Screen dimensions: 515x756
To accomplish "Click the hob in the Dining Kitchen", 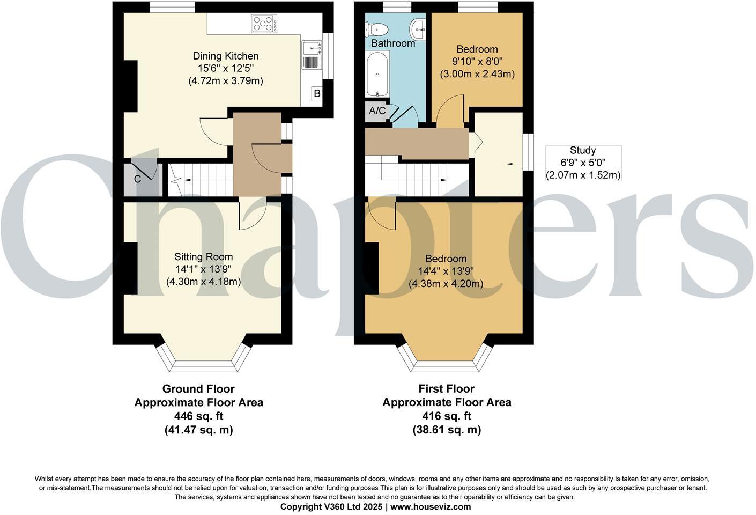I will (264, 24).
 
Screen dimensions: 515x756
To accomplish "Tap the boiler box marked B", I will (317, 94).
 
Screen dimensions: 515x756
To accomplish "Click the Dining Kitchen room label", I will (226, 56).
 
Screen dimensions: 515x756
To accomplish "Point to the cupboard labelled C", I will (138, 179).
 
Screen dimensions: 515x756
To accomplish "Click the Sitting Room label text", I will (204, 257).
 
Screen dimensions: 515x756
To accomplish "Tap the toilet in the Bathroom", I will (377, 28).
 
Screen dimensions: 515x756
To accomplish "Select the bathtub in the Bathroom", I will (377, 75).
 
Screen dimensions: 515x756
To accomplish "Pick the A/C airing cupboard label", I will (377, 111).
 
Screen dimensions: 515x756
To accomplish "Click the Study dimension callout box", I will (583, 163).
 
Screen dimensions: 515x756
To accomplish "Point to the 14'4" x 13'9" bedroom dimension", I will (446, 271).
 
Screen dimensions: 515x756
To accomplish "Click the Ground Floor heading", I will (198, 389).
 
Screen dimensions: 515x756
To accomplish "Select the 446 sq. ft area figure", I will (198, 416).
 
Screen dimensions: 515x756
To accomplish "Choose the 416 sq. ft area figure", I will (446, 416).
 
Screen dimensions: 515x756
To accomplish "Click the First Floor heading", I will (446, 389).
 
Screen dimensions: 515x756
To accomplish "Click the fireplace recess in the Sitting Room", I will (130, 268).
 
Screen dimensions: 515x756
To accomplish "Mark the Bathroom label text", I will (393, 43).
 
